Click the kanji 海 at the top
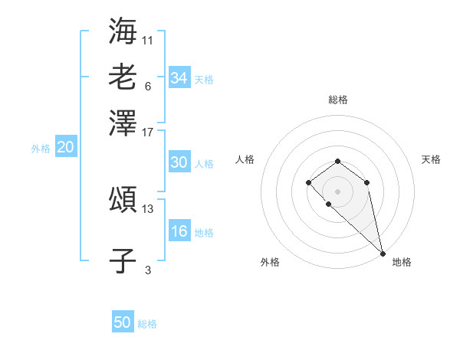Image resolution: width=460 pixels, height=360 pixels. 123,31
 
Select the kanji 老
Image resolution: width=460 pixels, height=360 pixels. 123,77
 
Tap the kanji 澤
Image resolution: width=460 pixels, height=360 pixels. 123,123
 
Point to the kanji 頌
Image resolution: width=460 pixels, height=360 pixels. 123,201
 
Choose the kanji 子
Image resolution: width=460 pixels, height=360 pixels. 123,260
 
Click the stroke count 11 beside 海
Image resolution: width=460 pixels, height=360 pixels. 148,39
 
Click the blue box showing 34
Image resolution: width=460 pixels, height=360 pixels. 179,77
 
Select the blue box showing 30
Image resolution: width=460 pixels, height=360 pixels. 179,162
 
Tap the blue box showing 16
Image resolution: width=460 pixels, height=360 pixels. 179,232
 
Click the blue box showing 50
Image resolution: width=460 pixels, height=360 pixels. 123,322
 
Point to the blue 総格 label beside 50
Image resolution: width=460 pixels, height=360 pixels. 147,324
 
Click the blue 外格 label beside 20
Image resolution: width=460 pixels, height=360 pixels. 41,149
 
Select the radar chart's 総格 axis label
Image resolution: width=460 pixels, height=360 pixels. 337,100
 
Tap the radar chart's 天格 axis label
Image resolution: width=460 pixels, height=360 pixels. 431,159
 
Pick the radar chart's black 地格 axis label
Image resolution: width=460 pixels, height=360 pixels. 402,262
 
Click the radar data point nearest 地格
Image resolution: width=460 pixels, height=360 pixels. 383,253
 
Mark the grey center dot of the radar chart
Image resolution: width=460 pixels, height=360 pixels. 337,191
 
